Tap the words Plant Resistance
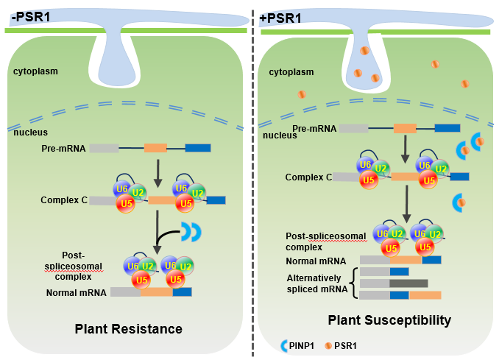(128, 328)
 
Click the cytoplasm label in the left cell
(35, 71)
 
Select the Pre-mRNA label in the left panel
(64, 148)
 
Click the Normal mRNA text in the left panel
(77, 292)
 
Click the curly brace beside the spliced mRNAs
(355, 283)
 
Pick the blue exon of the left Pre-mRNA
(197, 148)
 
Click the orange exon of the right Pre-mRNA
(405, 129)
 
